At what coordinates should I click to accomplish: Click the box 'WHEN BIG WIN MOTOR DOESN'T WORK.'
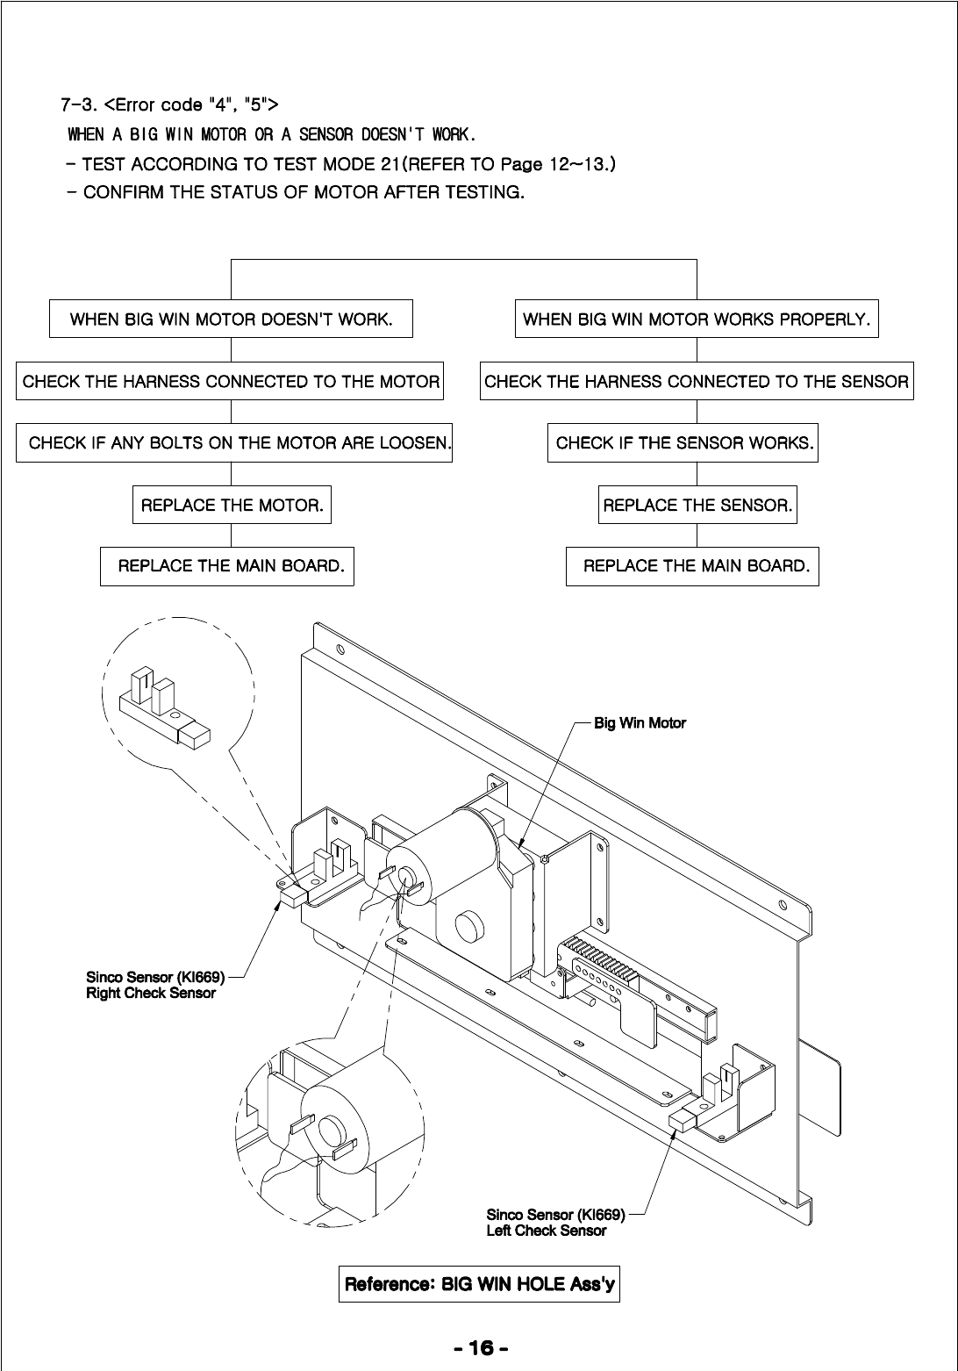click(x=231, y=319)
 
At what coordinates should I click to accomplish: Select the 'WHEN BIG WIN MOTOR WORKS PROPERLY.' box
click(x=697, y=319)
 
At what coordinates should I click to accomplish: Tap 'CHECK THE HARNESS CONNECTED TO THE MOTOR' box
click(x=231, y=382)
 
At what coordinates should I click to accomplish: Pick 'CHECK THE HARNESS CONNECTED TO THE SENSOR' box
click(x=697, y=382)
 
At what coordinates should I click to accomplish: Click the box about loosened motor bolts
click(x=235, y=443)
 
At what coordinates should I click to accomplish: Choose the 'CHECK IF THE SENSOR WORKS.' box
click(x=684, y=443)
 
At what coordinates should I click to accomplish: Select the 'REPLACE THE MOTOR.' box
click(x=232, y=506)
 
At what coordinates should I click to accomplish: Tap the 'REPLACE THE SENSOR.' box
click(x=697, y=506)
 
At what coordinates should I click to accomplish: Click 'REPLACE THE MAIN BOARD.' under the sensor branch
click(x=692, y=566)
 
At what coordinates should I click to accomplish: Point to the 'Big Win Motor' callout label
click(x=640, y=723)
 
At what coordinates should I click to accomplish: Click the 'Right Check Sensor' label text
click(x=151, y=994)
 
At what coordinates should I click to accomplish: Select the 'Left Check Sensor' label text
click(x=547, y=1231)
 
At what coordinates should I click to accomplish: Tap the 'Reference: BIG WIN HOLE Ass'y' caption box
click(x=479, y=1285)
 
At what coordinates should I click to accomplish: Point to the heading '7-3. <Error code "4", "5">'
click(x=169, y=105)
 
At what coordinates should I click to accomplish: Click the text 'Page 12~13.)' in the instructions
click(x=557, y=164)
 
